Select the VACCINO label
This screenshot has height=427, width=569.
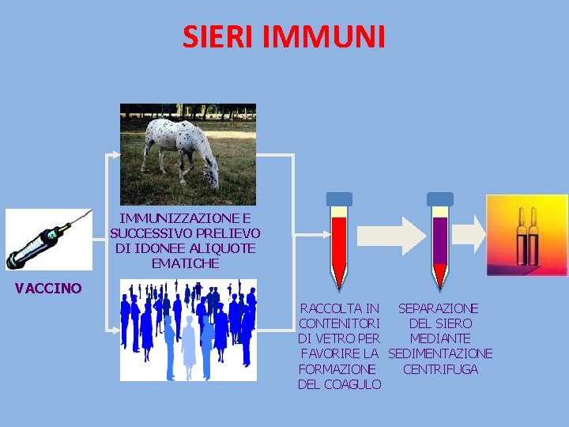pyautogui.click(x=48, y=289)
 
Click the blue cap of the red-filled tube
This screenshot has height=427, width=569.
pyautogui.click(x=339, y=199)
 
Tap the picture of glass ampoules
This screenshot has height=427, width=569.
pyautogui.click(x=526, y=235)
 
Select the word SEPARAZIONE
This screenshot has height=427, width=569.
pyautogui.click(x=438, y=308)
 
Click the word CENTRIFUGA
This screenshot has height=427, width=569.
pyautogui.click(x=440, y=369)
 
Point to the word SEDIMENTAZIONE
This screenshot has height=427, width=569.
pyautogui.click(x=440, y=353)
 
